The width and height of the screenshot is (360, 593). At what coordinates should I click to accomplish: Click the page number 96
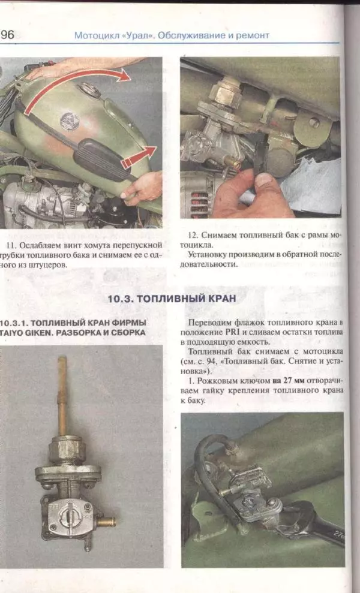8,35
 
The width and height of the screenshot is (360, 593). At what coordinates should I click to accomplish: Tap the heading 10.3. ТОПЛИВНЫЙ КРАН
172,298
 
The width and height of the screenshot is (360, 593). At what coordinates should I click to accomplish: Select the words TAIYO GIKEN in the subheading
29,333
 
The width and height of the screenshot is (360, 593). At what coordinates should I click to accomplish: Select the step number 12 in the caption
194,235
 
